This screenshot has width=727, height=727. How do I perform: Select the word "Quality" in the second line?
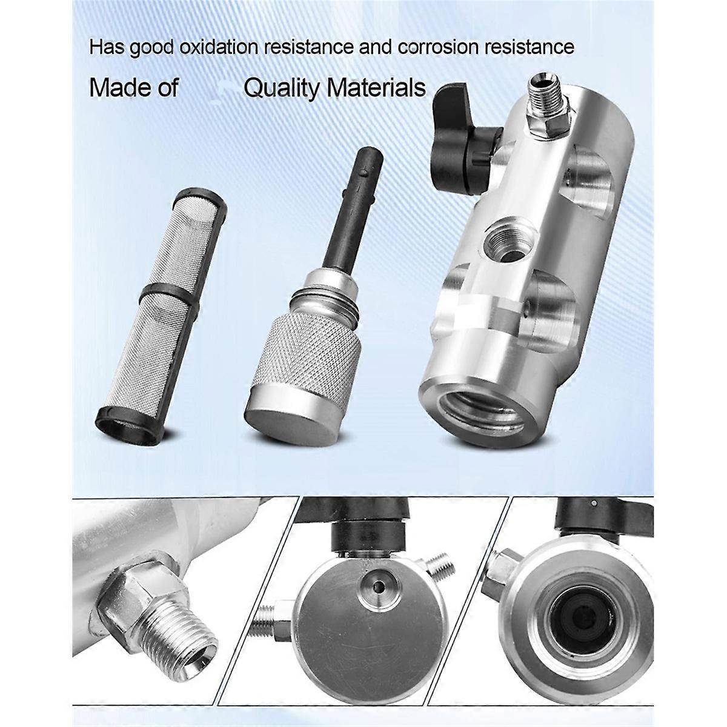click(x=281, y=88)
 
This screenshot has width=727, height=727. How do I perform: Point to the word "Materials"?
click(x=376, y=88)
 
